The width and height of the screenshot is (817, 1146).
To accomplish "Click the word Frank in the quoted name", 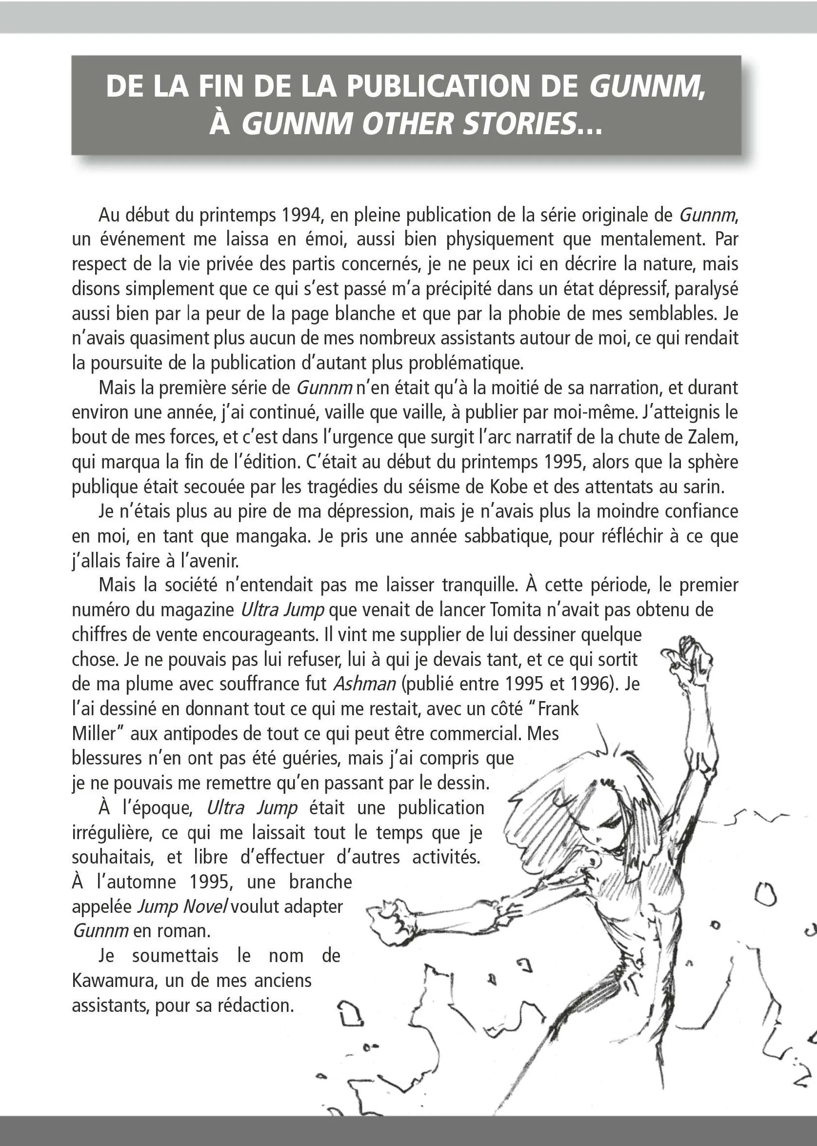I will click(558, 709).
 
